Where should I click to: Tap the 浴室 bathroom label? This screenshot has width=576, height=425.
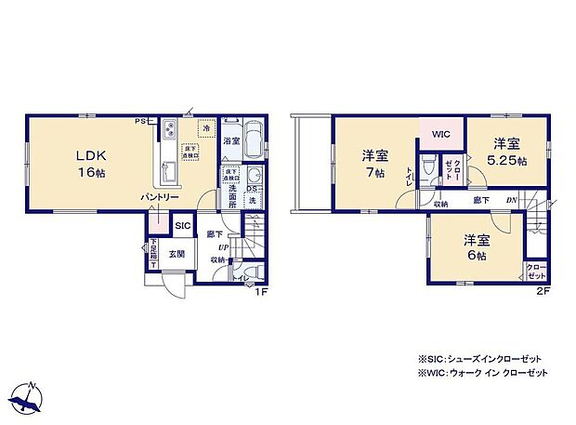point(231,140)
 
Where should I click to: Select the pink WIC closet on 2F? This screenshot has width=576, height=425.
point(440,133)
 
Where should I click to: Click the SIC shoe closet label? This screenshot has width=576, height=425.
point(182,226)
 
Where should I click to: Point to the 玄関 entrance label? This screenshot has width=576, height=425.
point(177,254)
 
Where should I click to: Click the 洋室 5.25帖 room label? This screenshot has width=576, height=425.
point(505,152)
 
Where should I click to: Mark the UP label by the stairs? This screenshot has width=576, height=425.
point(223,248)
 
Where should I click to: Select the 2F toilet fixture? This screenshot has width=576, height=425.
point(426,168)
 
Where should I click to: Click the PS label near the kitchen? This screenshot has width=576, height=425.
point(138,121)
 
